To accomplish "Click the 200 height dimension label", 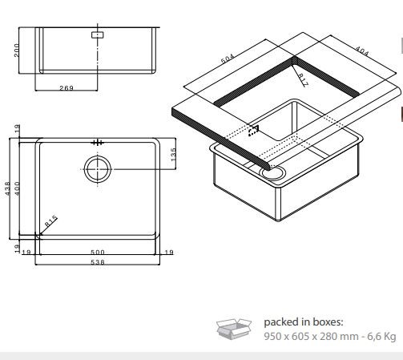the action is point(16,51).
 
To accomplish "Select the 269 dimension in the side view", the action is point(66,88).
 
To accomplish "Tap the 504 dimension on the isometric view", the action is point(228,59).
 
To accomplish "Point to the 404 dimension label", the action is point(362,51).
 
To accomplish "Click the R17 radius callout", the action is point(303,80).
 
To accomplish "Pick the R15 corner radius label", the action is point(50,221).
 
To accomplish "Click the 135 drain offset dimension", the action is point(173,155).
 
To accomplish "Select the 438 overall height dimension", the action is point(8,188).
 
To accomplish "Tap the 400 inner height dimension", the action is point(17,188).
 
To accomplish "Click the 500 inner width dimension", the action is point(98,252).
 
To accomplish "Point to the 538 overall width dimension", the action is point(98,262).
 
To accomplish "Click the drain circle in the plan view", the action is point(98,169).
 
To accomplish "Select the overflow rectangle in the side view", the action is point(98,34).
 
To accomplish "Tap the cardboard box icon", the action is point(234,328).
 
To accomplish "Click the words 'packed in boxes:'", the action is point(304,322).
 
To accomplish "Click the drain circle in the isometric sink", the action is point(273,172).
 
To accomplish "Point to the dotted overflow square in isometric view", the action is point(253,131).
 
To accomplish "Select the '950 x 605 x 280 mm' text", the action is point(312,336).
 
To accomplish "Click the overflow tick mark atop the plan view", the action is point(98,143).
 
